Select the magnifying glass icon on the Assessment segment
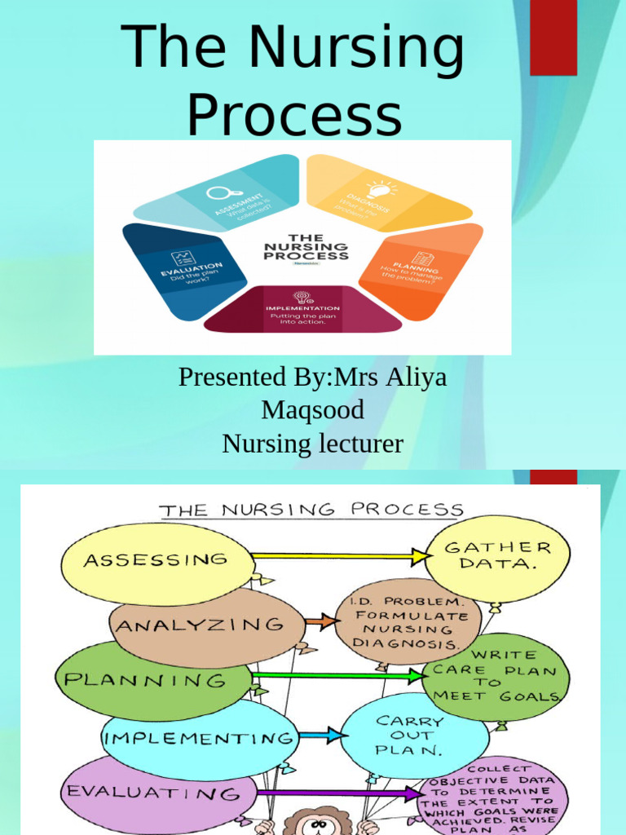pyautogui.click(x=218, y=192)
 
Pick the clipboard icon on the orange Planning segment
pyautogui.click(x=421, y=259)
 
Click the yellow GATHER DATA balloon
pyautogui.click(x=496, y=557)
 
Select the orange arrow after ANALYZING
pyautogui.click(x=324, y=622)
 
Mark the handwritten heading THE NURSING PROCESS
pyautogui.click(x=311, y=510)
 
